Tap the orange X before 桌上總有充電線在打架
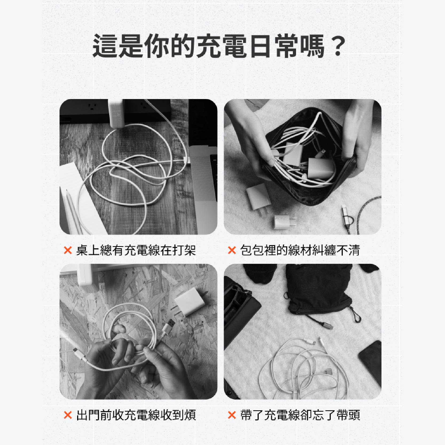click(68, 250)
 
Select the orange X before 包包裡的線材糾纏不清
click(232, 250)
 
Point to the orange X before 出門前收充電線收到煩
click(68, 415)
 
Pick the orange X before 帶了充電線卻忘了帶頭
click(232, 415)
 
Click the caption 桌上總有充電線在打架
click(136, 250)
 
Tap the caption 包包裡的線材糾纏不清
click(300, 250)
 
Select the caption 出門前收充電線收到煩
click(136, 415)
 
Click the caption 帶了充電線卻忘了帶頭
click(300, 415)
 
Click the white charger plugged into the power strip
click(116, 113)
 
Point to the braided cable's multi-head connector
click(346, 218)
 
